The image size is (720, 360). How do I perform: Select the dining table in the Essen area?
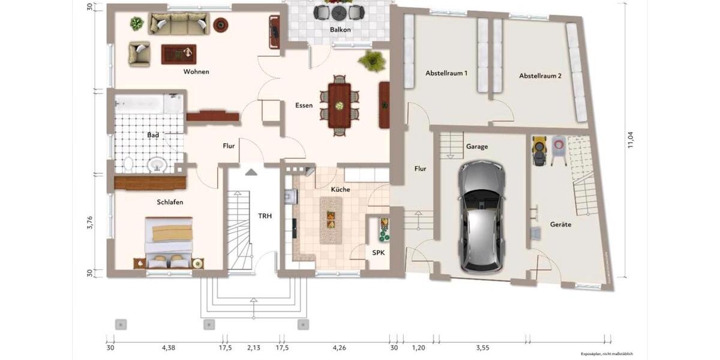(x=340, y=105)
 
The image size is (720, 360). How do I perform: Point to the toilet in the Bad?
(x=128, y=163)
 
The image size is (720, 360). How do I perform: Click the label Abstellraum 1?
(x=446, y=73)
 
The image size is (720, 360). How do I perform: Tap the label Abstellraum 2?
(x=540, y=76)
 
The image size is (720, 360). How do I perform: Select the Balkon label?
(x=340, y=29)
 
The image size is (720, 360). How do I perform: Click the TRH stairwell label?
(x=265, y=216)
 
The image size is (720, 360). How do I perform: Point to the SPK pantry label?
(x=378, y=253)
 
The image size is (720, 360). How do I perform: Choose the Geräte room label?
(x=560, y=224)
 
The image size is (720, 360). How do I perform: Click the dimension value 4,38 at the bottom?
(x=168, y=347)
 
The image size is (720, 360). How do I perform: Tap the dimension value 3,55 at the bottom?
(x=482, y=347)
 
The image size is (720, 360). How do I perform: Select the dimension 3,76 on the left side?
(x=91, y=223)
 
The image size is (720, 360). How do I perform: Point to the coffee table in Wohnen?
(x=178, y=54)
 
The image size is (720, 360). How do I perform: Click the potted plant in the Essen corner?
(x=372, y=60)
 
